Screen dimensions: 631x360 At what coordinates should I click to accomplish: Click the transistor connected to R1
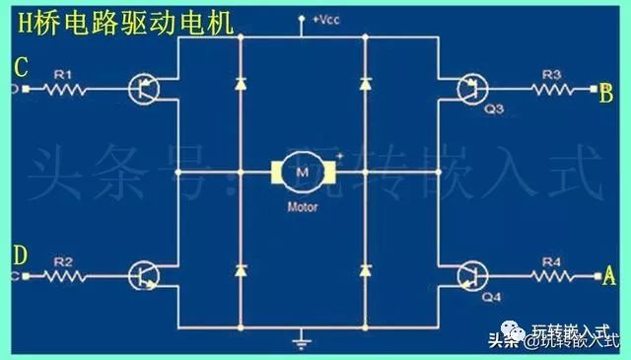point(144,89)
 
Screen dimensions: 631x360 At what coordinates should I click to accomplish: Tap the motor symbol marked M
point(302,174)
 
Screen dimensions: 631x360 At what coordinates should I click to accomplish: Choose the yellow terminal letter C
point(20,68)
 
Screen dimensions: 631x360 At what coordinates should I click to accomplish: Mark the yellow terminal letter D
point(20,255)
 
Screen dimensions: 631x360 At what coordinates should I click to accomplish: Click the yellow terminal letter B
point(606,94)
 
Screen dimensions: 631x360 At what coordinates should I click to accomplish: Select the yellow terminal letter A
point(608,277)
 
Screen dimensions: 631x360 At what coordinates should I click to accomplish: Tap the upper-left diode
point(241,83)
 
